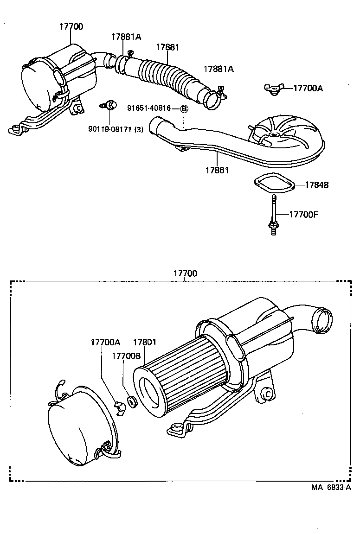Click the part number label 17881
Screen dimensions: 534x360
[167, 47]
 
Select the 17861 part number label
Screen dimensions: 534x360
[217, 171]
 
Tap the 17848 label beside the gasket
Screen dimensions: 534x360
[316, 185]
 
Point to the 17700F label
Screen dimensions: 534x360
[304, 214]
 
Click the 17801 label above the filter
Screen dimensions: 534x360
[145, 343]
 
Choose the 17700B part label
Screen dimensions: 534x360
[126, 356]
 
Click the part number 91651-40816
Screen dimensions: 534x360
[148, 108]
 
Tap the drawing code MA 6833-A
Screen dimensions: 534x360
[331, 487]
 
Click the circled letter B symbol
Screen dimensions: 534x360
[184, 108]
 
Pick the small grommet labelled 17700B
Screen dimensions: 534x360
[132, 401]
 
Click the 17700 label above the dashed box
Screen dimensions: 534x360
[185, 273]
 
